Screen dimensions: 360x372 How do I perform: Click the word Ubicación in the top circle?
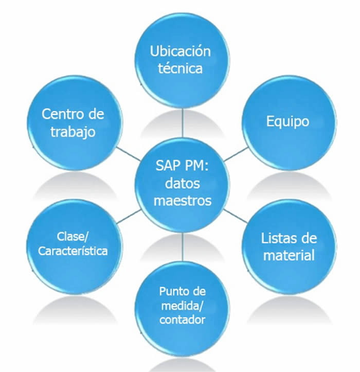tap(180, 51)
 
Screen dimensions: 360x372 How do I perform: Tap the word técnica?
tap(180, 68)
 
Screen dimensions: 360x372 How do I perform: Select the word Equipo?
tap(287, 122)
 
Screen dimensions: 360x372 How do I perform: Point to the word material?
tap(289, 255)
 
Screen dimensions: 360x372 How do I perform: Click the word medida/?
tap(182, 306)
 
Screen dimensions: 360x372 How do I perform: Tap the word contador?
tap(182, 320)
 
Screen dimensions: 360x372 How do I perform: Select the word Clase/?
tap(73, 237)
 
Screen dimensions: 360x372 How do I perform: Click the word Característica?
tap(73, 251)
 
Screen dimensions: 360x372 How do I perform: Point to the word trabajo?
tap(73, 132)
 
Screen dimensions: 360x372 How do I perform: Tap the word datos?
tap(182, 183)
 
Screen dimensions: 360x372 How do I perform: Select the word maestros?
tap(183, 201)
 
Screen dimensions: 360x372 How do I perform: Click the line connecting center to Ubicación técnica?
tap(183, 123)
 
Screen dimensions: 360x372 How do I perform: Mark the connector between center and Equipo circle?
tap(236, 154)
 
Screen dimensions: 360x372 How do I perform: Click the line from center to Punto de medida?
tap(183, 247)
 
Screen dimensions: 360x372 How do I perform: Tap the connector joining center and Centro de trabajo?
tap(128, 153)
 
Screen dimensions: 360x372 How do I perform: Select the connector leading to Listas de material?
tap(235, 216)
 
